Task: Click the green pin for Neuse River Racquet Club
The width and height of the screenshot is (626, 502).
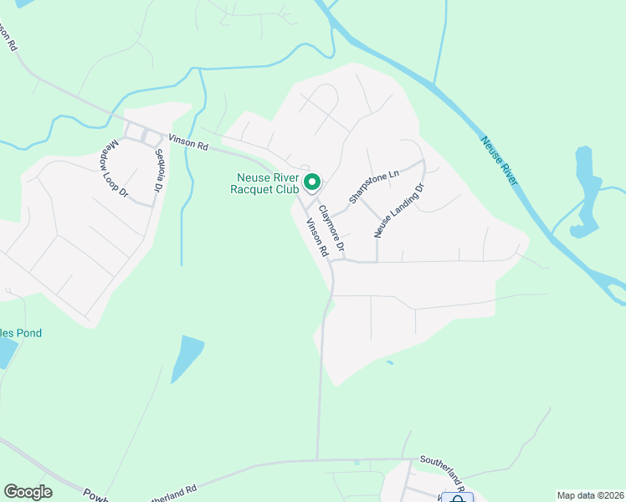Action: (312, 182)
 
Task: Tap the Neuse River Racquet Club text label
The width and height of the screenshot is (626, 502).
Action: (264, 183)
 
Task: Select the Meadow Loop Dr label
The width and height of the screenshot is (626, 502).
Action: (118, 167)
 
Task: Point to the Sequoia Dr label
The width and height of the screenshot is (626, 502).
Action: (157, 172)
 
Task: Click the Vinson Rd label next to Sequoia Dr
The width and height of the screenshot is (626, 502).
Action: (187, 143)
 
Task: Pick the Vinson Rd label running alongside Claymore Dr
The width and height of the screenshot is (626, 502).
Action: (316, 237)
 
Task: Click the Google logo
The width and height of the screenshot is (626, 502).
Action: (28, 492)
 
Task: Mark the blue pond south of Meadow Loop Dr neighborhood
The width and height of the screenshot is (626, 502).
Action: (187, 358)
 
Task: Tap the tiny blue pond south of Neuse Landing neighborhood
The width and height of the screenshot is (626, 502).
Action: (389, 362)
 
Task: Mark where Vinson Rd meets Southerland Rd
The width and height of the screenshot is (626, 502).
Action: (317, 459)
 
